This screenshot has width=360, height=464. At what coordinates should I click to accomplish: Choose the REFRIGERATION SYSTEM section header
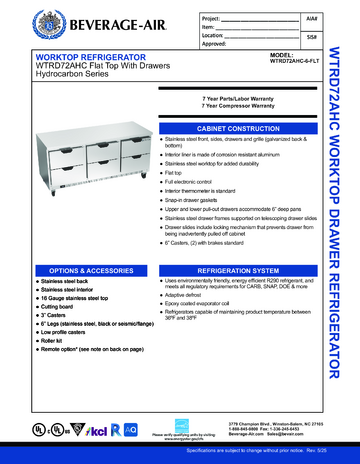click(244, 271)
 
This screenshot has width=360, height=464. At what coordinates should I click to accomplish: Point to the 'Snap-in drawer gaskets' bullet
click(206, 199)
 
